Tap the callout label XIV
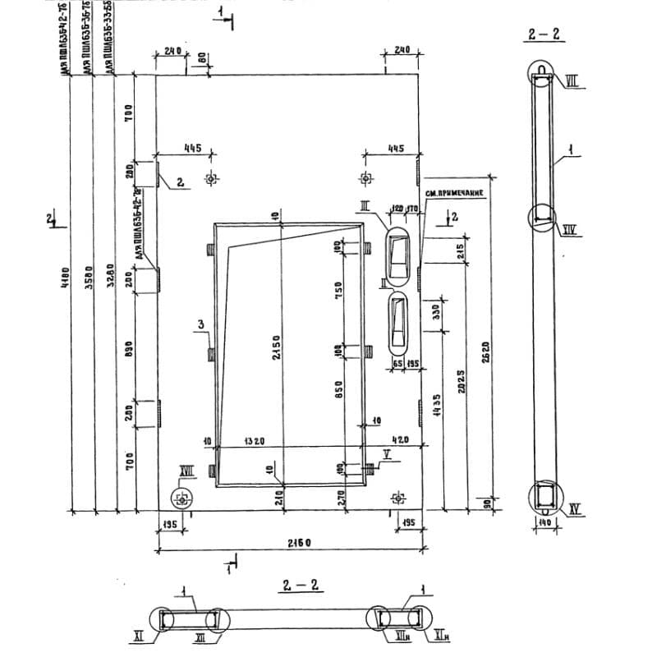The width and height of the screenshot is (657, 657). (x=571, y=231)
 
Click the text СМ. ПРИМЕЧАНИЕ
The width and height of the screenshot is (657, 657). (x=453, y=193)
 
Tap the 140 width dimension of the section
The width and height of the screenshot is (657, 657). (x=543, y=522)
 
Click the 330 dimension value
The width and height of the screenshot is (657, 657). (x=435, y=312)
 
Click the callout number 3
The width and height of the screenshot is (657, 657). (x=200, y=326)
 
